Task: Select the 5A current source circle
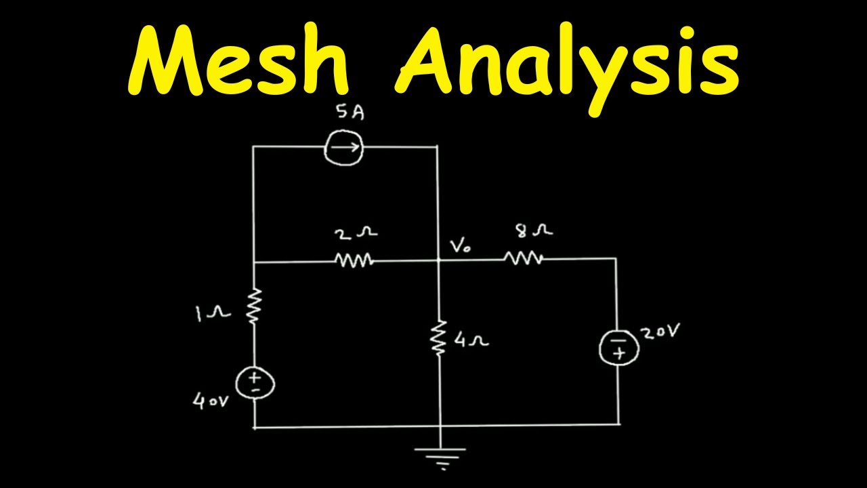coord(344,146)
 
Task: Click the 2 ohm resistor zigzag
coord(354,260)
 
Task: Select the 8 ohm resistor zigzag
coord(523,258)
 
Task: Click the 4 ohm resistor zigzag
coord(440,338)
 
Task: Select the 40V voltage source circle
coord(256,384)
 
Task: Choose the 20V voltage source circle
coord(618,347)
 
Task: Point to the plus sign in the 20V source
coord(618,354)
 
